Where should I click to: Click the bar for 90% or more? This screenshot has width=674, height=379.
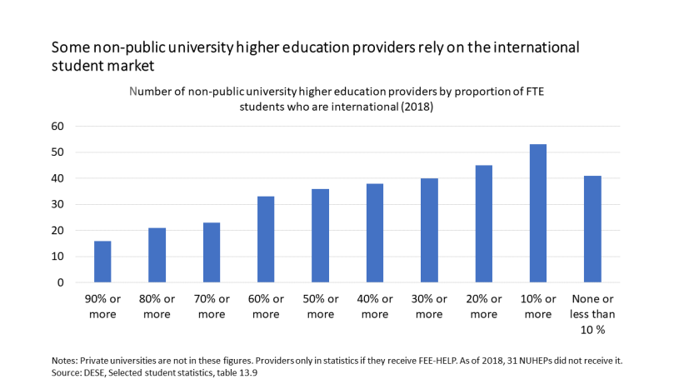click(102, 262)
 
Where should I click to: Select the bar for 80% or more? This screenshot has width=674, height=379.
click(157, 255)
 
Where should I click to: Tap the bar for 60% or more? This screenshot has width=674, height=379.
click(266, 239)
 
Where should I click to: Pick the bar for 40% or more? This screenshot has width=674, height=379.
click(375, 232)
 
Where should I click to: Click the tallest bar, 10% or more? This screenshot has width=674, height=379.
click(537, 213)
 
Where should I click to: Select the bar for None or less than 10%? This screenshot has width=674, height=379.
click(592, 229)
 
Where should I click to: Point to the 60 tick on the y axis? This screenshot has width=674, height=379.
click(57, 127)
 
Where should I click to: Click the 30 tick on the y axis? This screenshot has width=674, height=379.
click(57, 205)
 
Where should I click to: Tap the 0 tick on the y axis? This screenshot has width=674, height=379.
click(61, 282)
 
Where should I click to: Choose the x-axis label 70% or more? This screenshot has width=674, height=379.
click(212, 307)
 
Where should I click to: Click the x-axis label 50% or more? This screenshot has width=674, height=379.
click(320, 307)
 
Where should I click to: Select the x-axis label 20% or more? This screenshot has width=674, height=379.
click(483, 307)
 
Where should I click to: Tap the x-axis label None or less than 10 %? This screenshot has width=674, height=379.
click(592, 313)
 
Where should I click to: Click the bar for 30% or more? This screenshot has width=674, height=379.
click(429, 230)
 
